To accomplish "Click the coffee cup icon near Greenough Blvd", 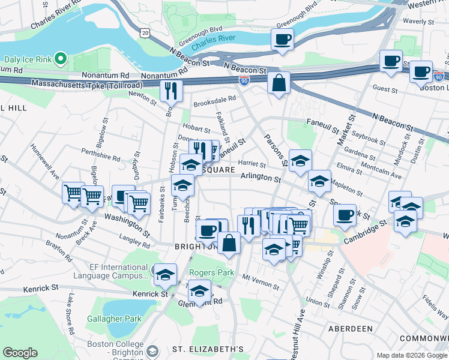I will (282, 40).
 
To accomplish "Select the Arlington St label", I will (261, 178).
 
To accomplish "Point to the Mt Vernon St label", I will (262, 278).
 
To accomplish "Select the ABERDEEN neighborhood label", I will (350, 329).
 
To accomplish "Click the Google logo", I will (20, 353).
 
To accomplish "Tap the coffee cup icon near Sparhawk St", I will (345, 215).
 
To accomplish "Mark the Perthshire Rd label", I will (101, 155).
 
